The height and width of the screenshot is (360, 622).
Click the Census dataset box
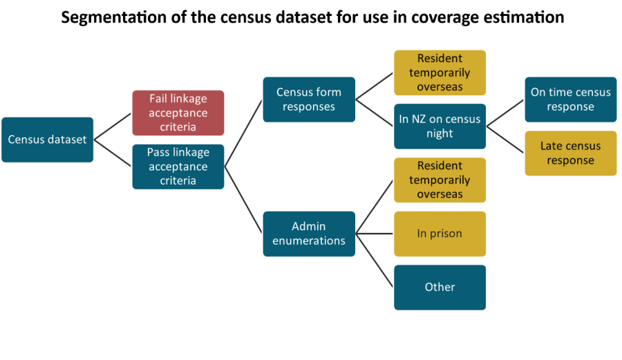click(47, 140)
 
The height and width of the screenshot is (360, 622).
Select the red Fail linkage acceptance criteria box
click(178, 113)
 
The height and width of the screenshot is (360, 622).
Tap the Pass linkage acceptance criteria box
click(178, 167)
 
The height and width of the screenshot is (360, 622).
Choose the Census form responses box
click(308, 100)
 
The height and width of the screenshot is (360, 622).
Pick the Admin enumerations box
click(308, 234)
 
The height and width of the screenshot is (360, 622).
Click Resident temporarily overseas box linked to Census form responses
click(440, 73)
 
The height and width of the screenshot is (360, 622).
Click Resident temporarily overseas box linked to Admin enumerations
click(440, 180)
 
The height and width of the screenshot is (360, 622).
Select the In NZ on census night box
click(440, 126)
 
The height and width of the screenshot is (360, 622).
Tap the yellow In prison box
click(440, 234)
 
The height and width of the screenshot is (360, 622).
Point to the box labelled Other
click(440, 287)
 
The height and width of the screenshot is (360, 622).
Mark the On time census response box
click(570, 100)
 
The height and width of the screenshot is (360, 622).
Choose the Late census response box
click(570, 153)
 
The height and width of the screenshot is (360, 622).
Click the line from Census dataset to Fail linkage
click(112, 126)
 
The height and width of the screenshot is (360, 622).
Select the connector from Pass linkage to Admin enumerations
click(243, 200)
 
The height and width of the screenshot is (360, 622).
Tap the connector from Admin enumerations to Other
click(375, 260)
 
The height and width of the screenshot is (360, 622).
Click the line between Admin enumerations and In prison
click(375, 234)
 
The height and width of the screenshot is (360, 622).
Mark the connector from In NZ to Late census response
click(505, 140)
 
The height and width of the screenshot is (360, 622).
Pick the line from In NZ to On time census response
click(505, 113)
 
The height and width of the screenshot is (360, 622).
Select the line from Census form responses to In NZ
click(375, 113)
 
